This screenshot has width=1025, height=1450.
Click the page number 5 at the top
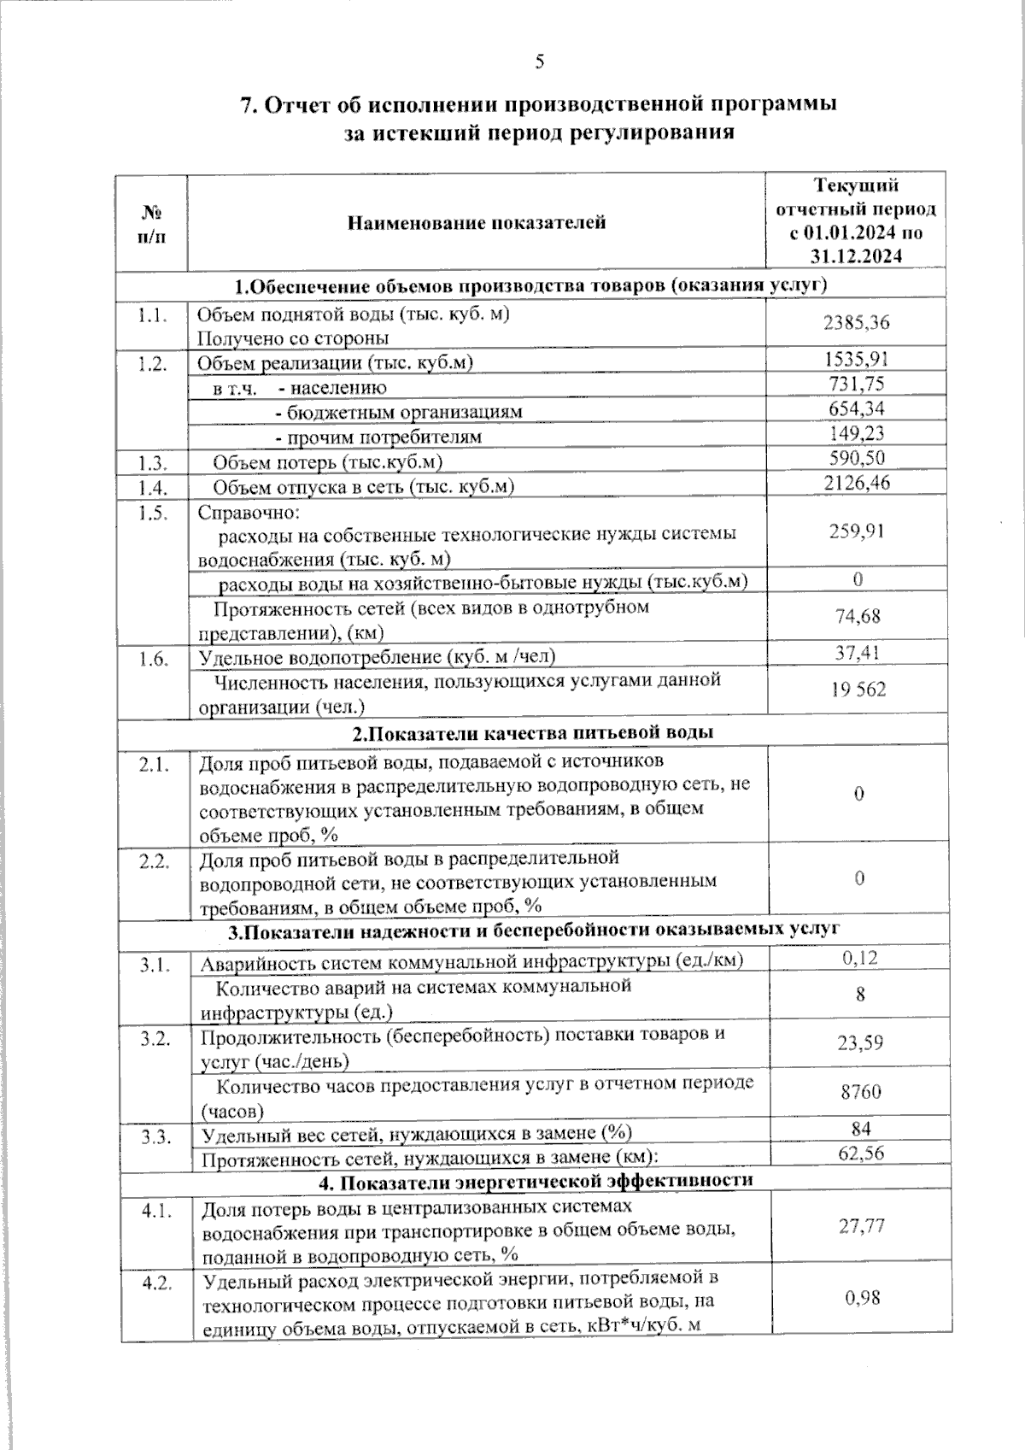(x=539, y=62)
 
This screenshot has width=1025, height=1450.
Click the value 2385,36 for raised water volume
(x=856, y=323)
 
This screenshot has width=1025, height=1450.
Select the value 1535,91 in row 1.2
(x=856, y=359)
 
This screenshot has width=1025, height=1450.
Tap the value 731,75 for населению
(x=856, y=385)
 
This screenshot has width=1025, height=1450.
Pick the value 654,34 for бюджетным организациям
(x=856, y=408)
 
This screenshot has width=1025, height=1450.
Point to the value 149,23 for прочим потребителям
(x=856, y=433)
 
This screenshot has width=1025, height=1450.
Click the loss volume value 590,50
(x=856, y=459)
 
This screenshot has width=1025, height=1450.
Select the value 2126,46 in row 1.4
(x=856, y=484)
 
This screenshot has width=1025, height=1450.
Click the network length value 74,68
(x=858, y=616)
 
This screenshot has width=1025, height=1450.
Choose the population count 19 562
(x=858, y=690)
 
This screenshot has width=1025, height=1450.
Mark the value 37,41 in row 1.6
(x=858, y=653)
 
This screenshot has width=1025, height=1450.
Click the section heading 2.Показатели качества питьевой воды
(x=533, y=732)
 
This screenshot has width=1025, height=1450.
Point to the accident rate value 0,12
(x=859, y=958)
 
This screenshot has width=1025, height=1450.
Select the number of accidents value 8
(x=860, y=994)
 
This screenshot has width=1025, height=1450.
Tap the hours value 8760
(x=860, y=1092)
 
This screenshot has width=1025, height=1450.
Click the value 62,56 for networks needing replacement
(x=860, y=1153)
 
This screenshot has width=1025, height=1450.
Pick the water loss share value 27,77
(x=860, y=1226)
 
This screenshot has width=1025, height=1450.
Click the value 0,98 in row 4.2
(x=862, y=1299)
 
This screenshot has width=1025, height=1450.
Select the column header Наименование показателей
(x=477, y=223)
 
